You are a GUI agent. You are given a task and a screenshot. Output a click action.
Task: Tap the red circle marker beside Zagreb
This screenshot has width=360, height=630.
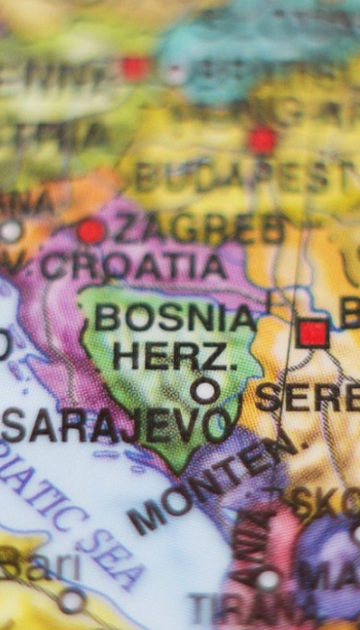click(x=90, y=231)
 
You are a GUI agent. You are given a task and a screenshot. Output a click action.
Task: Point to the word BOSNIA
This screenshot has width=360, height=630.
click(x=176, y=317)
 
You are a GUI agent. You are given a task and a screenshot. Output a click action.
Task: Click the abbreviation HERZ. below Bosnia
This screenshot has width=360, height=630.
click(x=174, y=355)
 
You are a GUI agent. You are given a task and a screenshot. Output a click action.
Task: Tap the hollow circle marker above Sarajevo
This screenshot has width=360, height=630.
click(x=204, y=390)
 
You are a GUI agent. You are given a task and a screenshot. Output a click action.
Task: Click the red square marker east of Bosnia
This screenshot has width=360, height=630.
click(x=312, y=334)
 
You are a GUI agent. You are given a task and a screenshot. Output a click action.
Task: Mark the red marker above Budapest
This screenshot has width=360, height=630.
click(x=262, y=140)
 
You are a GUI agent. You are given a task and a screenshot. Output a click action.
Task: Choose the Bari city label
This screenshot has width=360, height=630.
click(x=39, y=566)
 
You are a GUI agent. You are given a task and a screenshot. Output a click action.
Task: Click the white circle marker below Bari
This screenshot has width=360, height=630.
click(x=71, y=601)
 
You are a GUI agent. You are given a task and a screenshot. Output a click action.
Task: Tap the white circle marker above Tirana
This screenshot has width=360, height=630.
click(x=268, y=579)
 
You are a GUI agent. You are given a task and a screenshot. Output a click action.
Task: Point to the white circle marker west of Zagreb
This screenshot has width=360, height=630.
click(x=10, y=232)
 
